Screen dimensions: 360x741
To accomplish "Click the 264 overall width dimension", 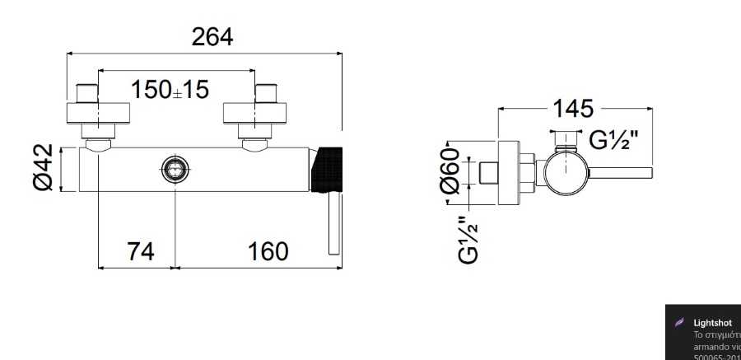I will [x=212, y=37].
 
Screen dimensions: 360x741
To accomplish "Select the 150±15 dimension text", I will [x=171, y=90].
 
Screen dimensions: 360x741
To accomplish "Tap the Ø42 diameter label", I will [x=44, y=167].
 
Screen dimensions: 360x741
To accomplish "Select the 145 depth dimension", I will [x=573, y=108].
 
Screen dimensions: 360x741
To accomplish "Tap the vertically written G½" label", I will [x=467, y=239].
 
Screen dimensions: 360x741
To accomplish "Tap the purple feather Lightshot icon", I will [x=680, y=324].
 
